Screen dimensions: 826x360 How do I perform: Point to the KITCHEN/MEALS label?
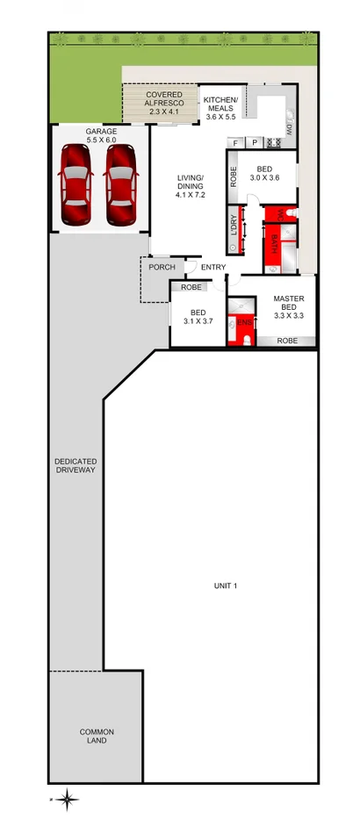tap(220, 108)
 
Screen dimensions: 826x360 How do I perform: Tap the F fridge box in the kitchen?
tap(234, 142)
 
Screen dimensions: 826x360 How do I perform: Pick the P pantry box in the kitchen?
tap(255, 142)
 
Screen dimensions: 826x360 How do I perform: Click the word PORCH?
tap(162, 267)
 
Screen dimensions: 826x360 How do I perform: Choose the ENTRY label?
tap(213, 267)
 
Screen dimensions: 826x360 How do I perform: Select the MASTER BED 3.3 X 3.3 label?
tap(289, 307)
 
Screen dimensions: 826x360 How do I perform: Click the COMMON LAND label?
tap(97, 736)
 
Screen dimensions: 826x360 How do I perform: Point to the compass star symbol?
tap(68, 798)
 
